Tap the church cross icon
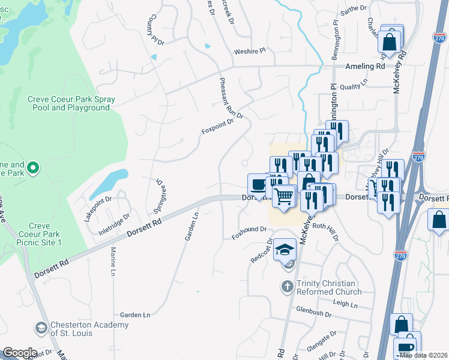pos(288,287)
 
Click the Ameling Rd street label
pos(364,66)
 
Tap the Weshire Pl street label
pos(250,52)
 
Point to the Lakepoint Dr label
pos(98,208)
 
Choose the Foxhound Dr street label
pos(249,233)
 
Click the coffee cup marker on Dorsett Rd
pos(259,184)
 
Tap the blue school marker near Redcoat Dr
pos(285,248)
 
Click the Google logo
pos(19,353)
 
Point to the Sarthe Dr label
pos(353,8)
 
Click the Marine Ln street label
pos(113,263)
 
